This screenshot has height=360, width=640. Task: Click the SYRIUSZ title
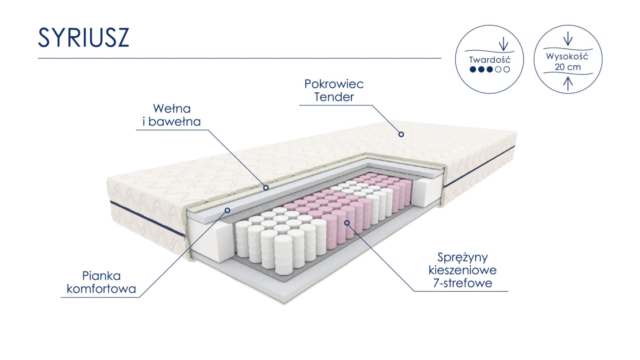[x=83, y=37]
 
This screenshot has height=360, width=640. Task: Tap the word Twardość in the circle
[x=489, y=60]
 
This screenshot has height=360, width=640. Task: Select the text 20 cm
[x=568, y=67]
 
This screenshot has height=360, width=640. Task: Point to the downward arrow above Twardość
[x=503, y=44]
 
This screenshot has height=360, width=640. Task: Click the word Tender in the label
[x=334, y=97]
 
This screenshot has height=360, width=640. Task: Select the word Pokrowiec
[x=334, y=84]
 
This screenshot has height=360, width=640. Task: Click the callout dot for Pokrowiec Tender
[x=401, y=134]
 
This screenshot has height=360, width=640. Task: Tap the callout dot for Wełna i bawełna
[x=266, y=188]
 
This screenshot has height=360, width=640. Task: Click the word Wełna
[x=172, y=109]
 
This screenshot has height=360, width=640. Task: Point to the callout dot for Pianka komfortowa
[x=227, y=210]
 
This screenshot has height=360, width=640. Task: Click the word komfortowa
[x=101, y=289]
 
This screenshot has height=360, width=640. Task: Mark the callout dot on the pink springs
[x=347, y=223]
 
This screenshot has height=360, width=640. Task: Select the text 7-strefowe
[x=463, y=283]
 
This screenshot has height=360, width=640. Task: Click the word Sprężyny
[x=463, y=258]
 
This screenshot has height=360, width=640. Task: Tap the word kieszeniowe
[x=463, y=270]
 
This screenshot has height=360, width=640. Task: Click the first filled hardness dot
[x=473, y=69]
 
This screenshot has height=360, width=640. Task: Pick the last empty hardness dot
[x=507, y=69]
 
